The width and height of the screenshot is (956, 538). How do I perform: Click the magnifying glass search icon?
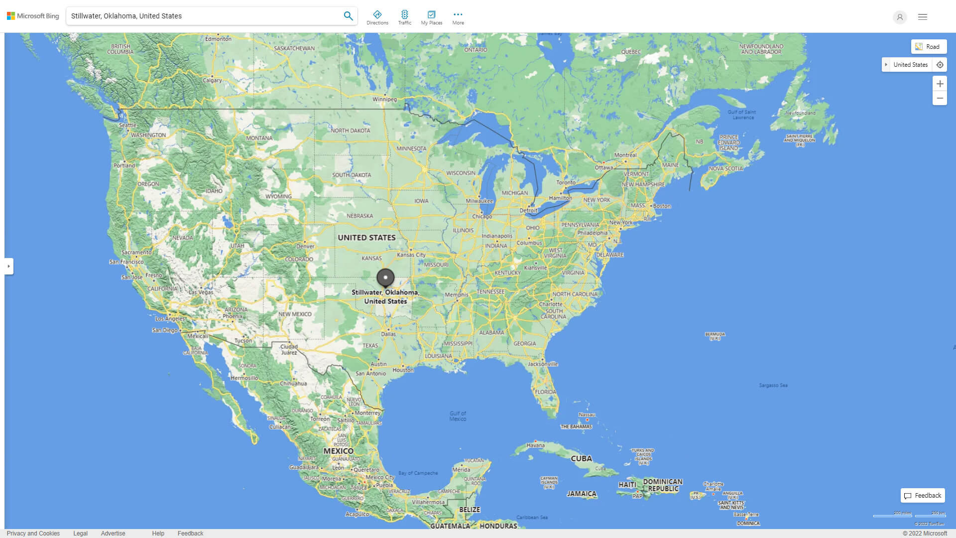pos(348,16)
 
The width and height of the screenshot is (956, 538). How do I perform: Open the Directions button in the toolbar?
pos(377,17)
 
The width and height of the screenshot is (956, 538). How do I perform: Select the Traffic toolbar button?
pos(404,17)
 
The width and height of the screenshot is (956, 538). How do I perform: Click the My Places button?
pos(431,17)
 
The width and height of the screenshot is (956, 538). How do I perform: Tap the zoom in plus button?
pos(940,84)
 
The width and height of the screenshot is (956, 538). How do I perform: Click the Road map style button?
pos(929,47)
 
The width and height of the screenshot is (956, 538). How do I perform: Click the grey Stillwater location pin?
pos(385,277)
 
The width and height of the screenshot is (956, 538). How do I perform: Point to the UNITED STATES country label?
pos(366,238)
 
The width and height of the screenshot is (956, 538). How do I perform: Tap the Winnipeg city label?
pos(384,99)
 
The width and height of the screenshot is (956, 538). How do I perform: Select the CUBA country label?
pos(581,458)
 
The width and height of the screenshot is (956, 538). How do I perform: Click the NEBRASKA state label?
pos(359,216)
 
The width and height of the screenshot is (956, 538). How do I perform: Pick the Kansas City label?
pos(411,255)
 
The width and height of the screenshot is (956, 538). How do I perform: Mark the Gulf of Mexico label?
pos(458,416)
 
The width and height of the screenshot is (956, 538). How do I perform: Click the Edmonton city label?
pos(218,39)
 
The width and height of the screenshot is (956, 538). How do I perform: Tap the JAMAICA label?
pos(581,494)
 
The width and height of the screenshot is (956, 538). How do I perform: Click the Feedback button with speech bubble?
pos(923,496)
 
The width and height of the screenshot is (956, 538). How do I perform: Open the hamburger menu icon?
pos(923,17)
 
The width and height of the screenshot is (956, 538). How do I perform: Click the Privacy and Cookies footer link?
pos(33,534)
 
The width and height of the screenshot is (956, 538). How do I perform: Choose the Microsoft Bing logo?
pos(33,16)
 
